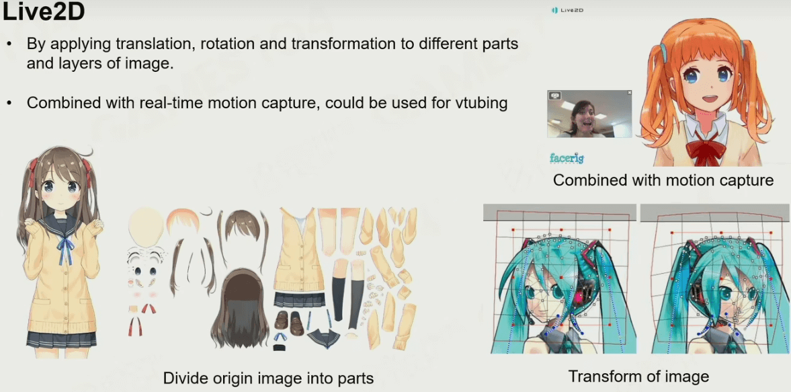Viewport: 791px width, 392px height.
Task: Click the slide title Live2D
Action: [43, 13]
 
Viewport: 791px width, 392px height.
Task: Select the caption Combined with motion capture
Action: [663, 180]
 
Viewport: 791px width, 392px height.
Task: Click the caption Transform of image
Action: [638, 376]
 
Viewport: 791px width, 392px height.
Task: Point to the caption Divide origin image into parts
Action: [268, 378]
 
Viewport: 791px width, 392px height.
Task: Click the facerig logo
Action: [567, 159]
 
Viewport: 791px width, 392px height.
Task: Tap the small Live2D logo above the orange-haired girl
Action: [567, 10]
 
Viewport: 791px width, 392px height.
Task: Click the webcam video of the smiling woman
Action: [589, 114]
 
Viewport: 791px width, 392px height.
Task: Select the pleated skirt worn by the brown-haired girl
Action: [61, 338]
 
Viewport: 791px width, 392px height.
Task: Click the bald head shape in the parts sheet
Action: [147, 226]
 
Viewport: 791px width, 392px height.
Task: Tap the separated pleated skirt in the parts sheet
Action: [300, 300]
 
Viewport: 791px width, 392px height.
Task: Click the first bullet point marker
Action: [10, 44]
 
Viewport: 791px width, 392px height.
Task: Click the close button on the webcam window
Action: [629, 93]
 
